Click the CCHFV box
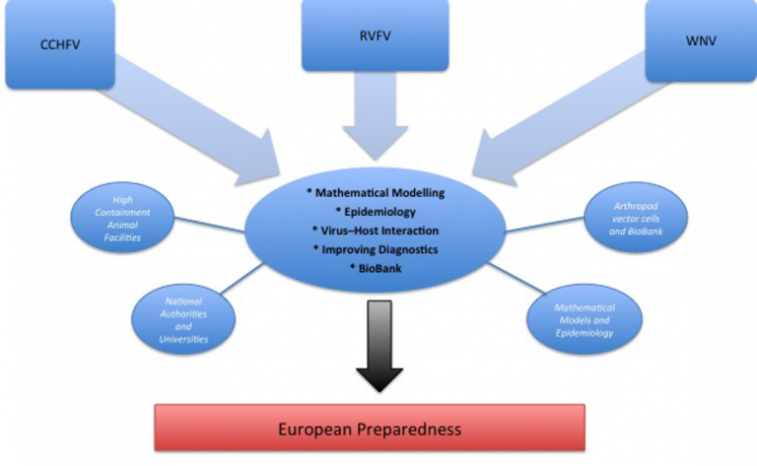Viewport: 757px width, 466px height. coord(60,44)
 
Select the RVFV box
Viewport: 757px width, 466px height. coord(376,35)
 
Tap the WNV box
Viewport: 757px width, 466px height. coord(701,40)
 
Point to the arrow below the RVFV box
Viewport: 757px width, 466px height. coord(376,116)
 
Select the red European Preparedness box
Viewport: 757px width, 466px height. coord(370,428)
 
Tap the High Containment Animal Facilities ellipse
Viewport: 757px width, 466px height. coord(122,218)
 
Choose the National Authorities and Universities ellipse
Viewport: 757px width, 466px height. coord(183,319)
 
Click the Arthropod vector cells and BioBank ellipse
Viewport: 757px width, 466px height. coord(636,218)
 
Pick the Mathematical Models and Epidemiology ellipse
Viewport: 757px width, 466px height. coord(585,319)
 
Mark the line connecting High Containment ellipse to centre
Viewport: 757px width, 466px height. coord(210,225)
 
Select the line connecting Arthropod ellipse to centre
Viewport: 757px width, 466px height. coord(544,225)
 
